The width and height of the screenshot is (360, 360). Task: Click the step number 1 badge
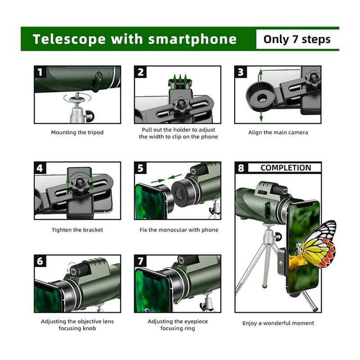pos(40,72)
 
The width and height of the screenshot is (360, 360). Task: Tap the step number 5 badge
pos(141,168)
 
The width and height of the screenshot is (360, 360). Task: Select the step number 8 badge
pos(241,168)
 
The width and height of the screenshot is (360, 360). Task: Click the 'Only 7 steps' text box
pos(297,39)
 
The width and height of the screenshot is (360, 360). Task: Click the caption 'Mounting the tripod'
pos(77,133)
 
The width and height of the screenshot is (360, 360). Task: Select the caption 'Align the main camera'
pos(278,133)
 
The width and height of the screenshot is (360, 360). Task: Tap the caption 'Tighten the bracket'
pos(77,230)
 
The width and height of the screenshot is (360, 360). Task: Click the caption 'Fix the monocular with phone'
pos(179,230)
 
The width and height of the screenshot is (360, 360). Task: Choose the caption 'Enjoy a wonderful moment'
pos(278,323)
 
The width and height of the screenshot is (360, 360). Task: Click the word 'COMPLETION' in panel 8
pos(286,168)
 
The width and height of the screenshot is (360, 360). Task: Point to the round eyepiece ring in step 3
pos(260,94)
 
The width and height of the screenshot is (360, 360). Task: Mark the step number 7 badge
pos(141,261)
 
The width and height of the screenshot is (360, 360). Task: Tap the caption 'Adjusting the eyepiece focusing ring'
pos(178,325)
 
